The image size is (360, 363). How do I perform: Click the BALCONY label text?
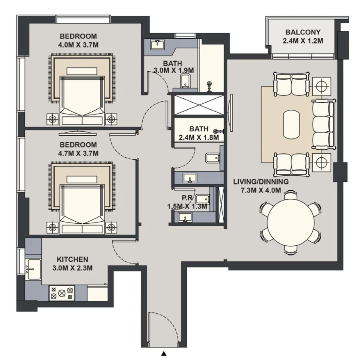[303, 32]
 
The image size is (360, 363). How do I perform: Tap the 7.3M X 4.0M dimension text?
[260, 190]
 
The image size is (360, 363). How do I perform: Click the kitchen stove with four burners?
[61, 293]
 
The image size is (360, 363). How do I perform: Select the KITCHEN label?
[72, 260]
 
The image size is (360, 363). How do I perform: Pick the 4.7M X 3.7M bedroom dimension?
[78, 153]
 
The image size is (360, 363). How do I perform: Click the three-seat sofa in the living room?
[322, 124]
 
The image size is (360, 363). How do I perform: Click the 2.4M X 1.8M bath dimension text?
[199, 137]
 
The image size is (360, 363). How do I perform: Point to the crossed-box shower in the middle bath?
[198, 105]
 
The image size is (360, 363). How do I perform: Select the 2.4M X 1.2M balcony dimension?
[303, 41]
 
